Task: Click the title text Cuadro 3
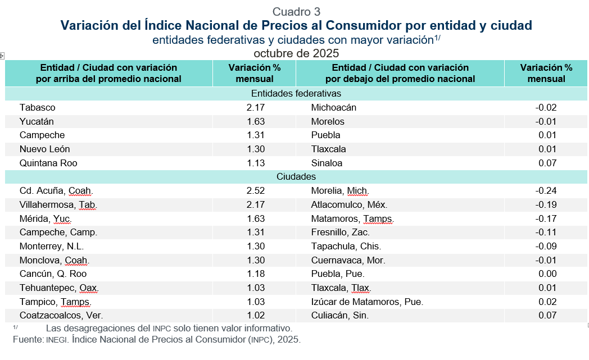click(x=296, y=12)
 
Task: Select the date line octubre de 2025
click(x=296, y=53)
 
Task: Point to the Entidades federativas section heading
click(x=296, y=94)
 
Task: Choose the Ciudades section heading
click(x=296, y=177)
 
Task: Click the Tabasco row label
click(x=37, y=107)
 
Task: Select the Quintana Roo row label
click(x=48, y=163)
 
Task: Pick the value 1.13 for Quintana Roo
click(x=255, y=163)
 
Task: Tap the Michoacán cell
click(x=333, y=107)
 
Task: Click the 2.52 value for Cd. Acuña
click(x=255, y=190)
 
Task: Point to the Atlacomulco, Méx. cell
click(x=349, y=204)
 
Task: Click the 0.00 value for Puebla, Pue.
click(x=547, y=274)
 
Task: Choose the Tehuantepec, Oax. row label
click(x=59, y=288)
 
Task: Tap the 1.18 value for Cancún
click(x=255, y=274)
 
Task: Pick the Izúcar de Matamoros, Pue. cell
click(x=366, y=302)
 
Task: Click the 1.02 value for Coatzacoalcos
click(x=255, y=316)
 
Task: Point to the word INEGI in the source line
click(x=57, y=340)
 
